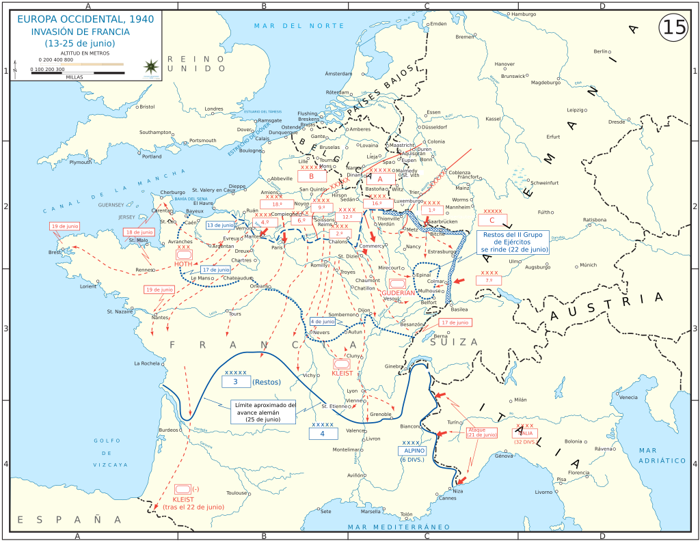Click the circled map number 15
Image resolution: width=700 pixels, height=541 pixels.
(x=672, y=27)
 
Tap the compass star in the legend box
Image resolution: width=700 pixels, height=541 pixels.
(x=150, y=66)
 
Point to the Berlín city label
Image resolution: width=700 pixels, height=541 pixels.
(x=602, y=51)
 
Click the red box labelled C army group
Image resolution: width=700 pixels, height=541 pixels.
(x=492, y=220)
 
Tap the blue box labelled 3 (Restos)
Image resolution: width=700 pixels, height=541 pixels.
(x=236, y=382)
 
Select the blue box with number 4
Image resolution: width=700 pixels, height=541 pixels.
(x=323, y=433)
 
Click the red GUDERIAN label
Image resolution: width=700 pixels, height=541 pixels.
(x=399, y=292)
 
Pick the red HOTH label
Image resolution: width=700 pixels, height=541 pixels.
(x=183, y=264)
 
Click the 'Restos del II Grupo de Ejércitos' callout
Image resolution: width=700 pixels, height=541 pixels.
(x=515, y=242)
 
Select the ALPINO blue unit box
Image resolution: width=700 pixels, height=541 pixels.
(x=414, y=451)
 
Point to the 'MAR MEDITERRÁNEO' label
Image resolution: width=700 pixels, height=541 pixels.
(x=399, y=527)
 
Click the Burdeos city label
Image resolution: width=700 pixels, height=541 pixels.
(x=168, y=430)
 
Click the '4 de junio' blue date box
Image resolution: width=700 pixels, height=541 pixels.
(x=323, y=321)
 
